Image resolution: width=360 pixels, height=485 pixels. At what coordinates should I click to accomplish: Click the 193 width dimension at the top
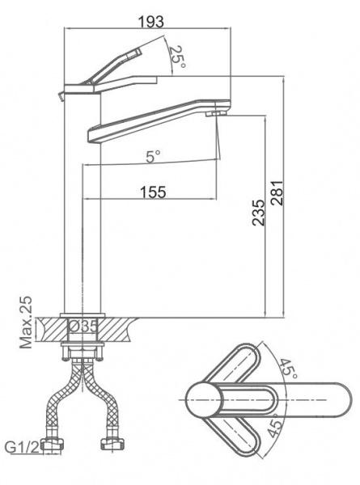coord(150,21)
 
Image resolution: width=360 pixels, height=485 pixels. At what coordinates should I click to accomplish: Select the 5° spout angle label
coord(154,156)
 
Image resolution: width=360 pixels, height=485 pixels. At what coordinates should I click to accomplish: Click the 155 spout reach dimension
coord(153,192)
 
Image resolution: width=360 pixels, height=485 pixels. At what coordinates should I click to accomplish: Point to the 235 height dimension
coord(258,213)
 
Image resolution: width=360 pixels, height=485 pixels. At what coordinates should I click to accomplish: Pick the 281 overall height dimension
coord(277,192)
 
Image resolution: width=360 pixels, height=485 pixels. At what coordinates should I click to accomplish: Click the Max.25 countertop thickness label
coord(26,323)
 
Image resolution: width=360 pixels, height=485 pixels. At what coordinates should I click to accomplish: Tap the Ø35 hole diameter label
coord(83,327)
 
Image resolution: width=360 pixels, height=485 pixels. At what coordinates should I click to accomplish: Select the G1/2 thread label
coord(23,447)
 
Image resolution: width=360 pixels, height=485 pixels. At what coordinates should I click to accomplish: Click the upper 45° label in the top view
coord(289,369)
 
